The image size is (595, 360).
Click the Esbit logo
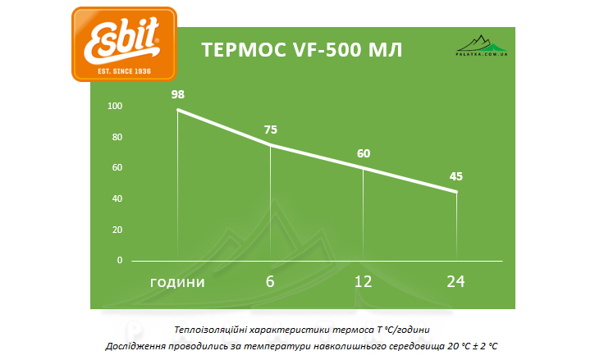(124, 43)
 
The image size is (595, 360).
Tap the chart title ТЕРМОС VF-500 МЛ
(302, 50)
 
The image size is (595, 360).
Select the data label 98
(178, 94)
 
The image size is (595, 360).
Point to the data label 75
(271, 130)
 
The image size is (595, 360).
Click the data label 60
(364, 153)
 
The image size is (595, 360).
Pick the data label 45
(456, 176)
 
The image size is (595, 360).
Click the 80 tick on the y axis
(117, 137)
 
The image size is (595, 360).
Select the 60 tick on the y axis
(117, 168)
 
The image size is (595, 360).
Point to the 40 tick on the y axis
(117, 198)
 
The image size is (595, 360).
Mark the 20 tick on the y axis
(117, 230)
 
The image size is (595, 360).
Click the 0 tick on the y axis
(119, 260)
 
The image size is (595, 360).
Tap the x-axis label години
(177, 282)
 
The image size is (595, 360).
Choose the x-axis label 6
(270, 281)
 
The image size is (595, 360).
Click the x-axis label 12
(363, 281)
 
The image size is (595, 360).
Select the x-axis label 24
(455, 281)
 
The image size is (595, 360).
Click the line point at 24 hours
(456, 192)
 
